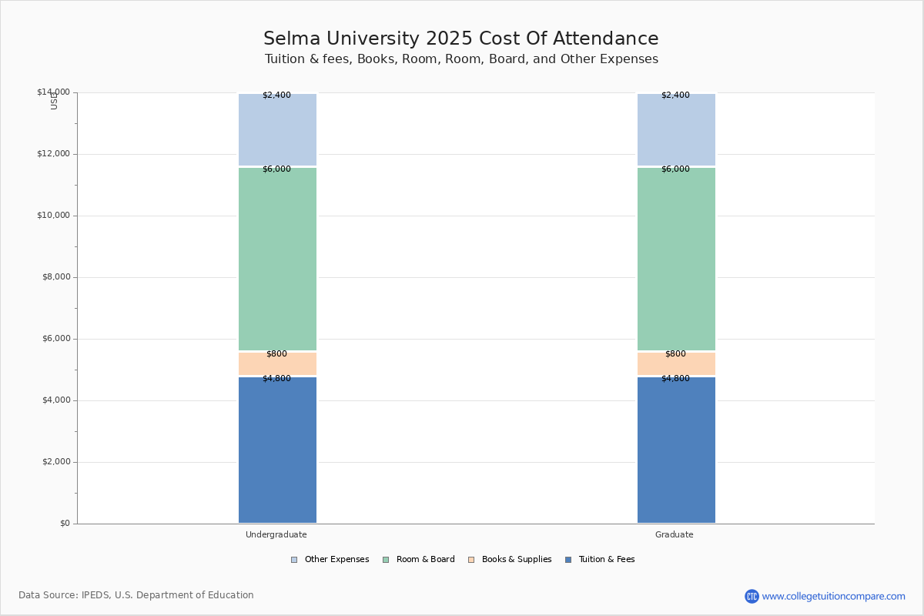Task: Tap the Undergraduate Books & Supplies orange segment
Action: click(x=277, y=364)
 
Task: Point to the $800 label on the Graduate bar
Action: click(x=675, y=354)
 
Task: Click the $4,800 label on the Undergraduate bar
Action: click(x=276, y=379)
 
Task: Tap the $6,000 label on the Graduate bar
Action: click(x=675, y=169)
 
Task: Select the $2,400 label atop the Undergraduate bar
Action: click(x=276, y=95)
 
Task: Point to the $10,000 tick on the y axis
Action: click(x=53, y=216)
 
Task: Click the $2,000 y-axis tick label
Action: click(x=55, y=462)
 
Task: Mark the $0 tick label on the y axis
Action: click(x=65, y=524)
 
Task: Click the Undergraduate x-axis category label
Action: click(x=276, y=535)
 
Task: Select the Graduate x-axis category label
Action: click(x=675, y=535)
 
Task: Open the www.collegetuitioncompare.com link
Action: click(x=833, y=597)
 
